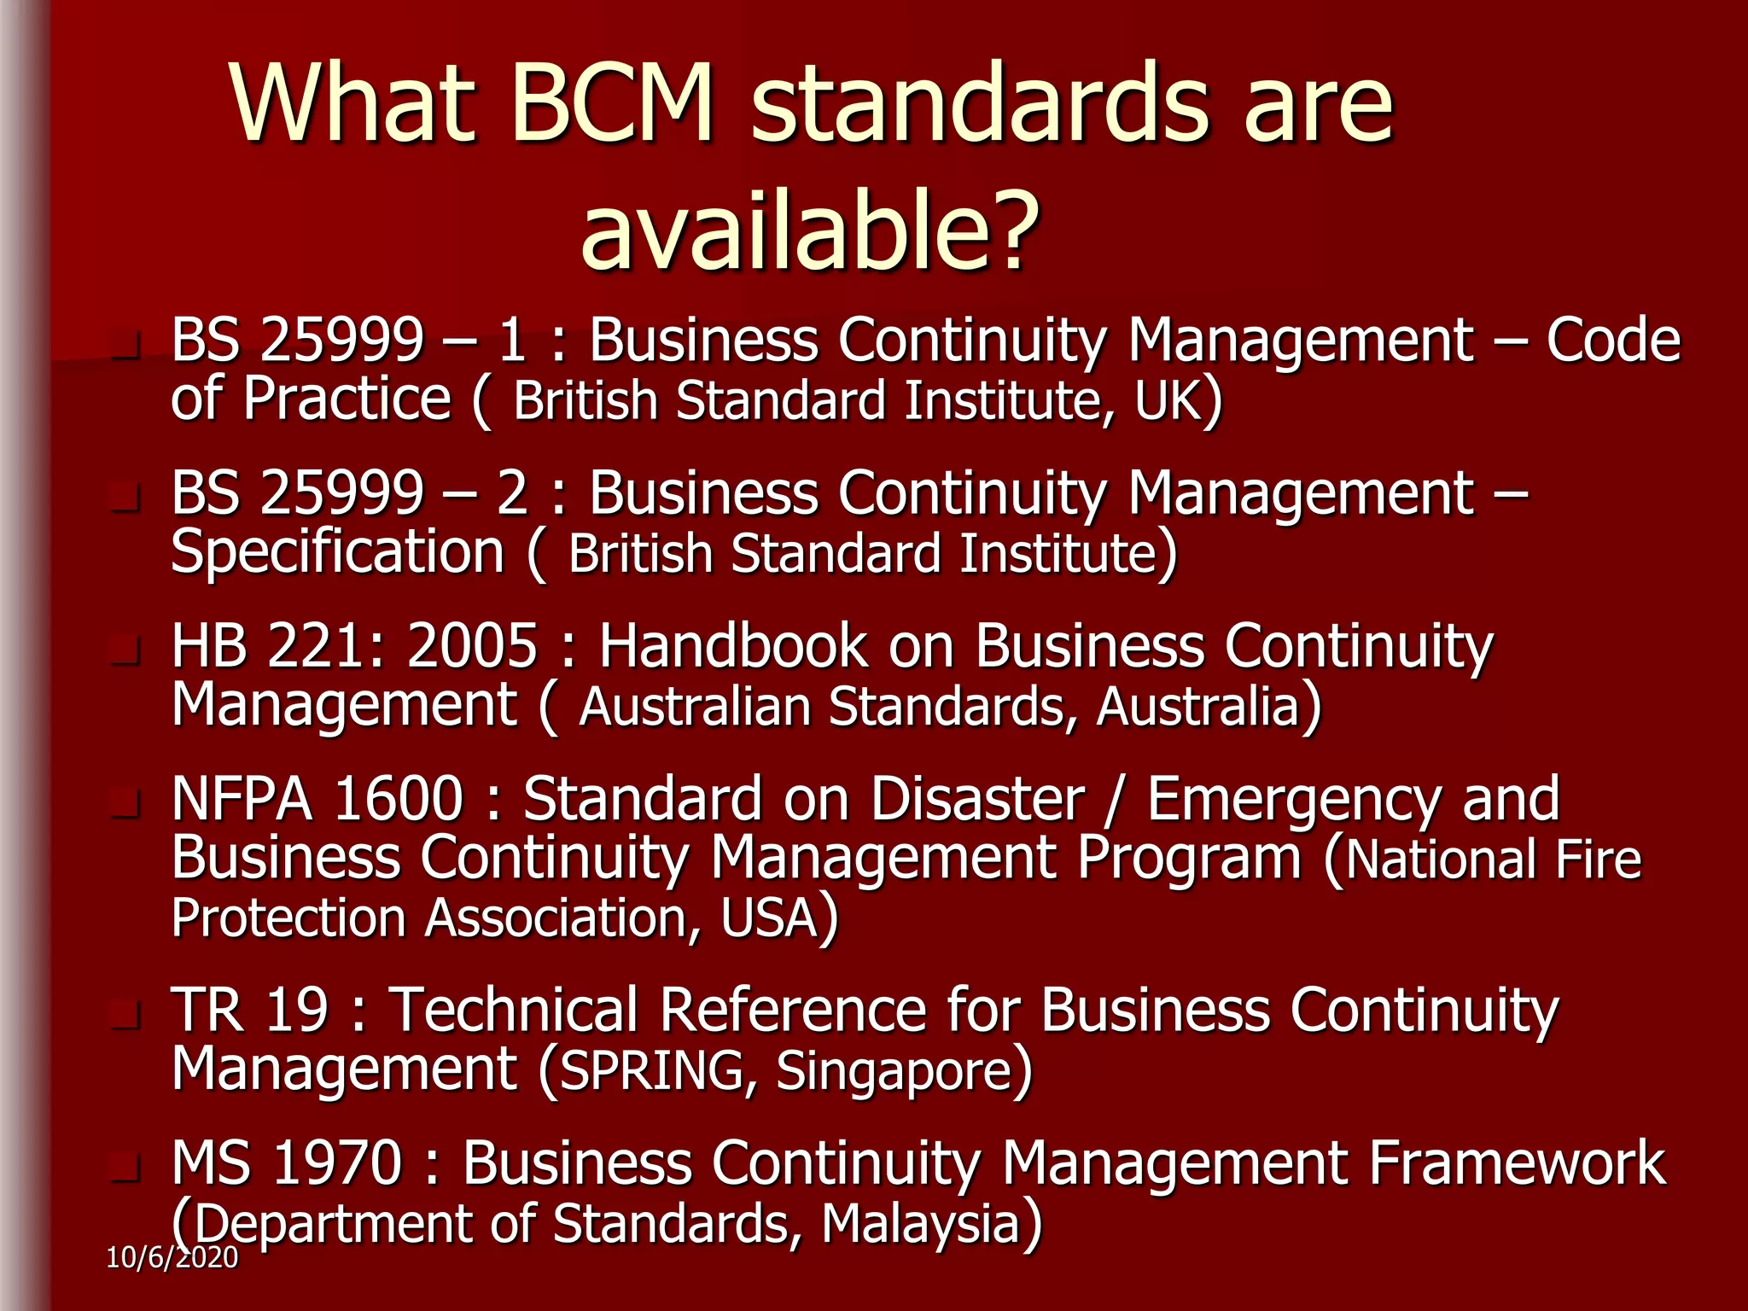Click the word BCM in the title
(x=613, y=104)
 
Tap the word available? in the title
(x=809, y=232)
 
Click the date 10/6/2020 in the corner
(x=172, y=1257)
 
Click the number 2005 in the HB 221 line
(x=473, y=646)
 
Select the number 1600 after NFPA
(x=399, y=800)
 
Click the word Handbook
(x=732, y=646)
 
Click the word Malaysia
(x=921, y=1224)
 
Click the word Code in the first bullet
(x=1613, y=341)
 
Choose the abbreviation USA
(x=769, y=918)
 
